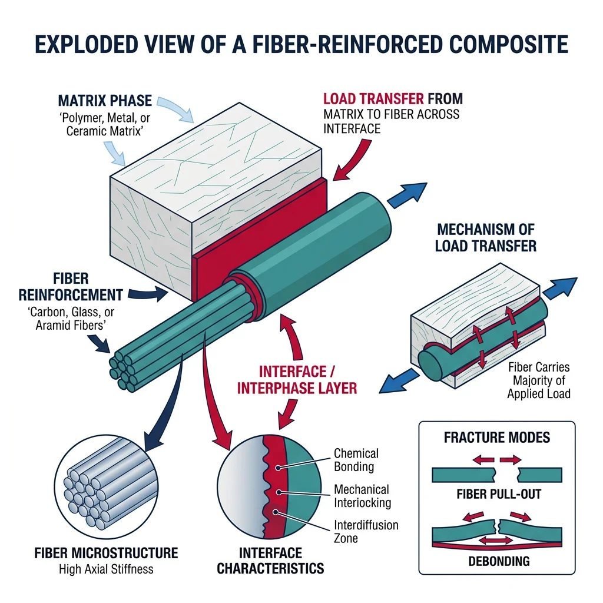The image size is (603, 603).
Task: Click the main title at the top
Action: tap(301, 45)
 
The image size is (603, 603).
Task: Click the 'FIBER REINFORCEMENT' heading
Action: tap(71, 285)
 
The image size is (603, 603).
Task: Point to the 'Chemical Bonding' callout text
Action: tap(356, 460)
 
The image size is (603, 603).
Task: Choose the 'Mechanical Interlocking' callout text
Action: tap(361, 496)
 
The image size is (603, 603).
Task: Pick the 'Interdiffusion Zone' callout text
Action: tap(366, 531)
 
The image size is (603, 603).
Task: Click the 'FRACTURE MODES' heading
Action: tap(496, 438)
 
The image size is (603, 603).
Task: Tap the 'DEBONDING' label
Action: tap(496, 561)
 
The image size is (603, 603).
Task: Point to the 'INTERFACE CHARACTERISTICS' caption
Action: tap(270, 560)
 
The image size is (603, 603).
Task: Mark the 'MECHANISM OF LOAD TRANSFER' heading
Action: tap(485, 237)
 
